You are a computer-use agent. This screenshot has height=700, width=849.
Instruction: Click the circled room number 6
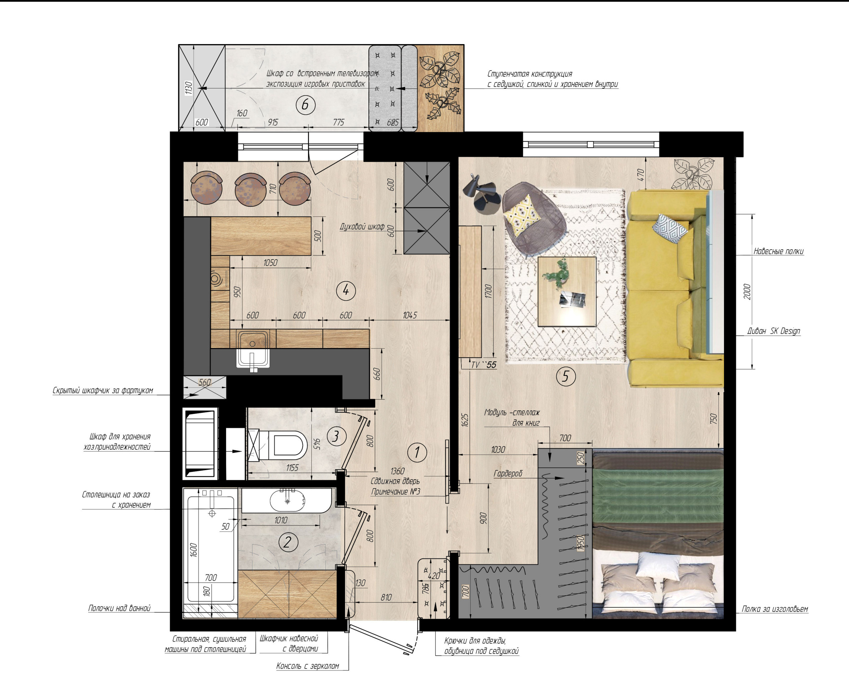[x=305, y=105]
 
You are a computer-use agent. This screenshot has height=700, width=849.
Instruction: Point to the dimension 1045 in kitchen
[x=410, y=315]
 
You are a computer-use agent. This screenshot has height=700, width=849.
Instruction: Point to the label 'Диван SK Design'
[x=773, y=331]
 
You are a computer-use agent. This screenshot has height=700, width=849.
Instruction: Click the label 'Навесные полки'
[x=778, y=251]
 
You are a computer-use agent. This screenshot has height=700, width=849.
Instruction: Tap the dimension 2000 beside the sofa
[x=747, y=292]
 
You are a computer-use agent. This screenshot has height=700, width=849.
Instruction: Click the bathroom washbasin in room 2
[x=287, y=500]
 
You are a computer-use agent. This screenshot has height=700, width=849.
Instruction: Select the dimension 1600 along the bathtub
[x=193, y=550]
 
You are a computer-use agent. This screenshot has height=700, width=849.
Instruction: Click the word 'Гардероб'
[x=508, y=473]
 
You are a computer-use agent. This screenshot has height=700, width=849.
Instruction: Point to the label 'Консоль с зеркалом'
[x=307, y=666]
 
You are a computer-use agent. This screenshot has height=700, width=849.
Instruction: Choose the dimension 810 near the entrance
[x=386, y=597]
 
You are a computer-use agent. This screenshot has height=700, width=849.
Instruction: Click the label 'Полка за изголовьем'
[x=774, y=609]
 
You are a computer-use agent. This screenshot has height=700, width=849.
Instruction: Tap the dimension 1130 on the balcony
[x=188, y=88]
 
